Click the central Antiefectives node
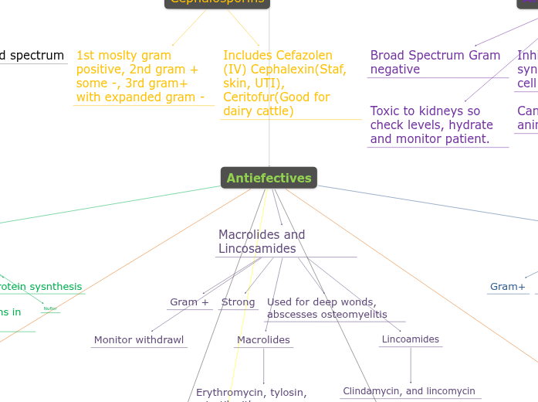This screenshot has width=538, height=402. [269, 178]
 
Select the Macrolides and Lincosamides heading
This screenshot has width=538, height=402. [262, 241]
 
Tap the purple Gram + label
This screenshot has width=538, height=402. [190, 302]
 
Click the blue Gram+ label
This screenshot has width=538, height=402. [508, 287]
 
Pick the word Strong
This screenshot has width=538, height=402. [238, 302]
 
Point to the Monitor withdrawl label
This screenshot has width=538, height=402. [139, 340]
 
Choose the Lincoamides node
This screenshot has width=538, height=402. [411, 339]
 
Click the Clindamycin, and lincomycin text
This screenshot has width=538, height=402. [409, 391]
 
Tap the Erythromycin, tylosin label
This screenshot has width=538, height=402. [251, 393]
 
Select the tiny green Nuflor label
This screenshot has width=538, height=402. [50, 308]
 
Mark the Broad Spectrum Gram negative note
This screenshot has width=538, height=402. [435, 62]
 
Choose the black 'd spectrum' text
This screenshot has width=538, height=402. [32, 56]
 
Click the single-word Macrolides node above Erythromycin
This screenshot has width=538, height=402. [263, 340]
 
